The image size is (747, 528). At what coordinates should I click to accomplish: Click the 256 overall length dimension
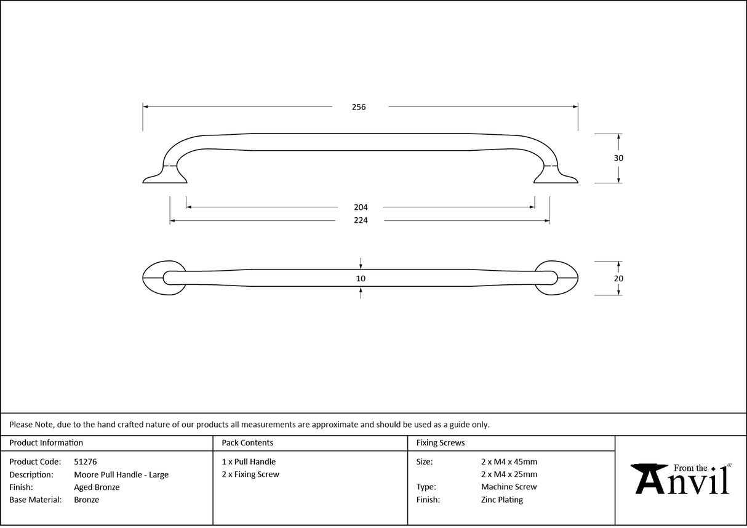[359, 107]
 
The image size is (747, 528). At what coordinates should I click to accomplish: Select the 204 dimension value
[361, 207]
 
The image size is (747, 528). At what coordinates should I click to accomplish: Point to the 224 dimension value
[361, 220]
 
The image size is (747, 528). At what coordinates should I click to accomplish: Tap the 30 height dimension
[619, 158]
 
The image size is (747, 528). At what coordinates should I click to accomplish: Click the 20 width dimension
[619, 278]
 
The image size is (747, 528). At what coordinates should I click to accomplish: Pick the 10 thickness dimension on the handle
[361, 278]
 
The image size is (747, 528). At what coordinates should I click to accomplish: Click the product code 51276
[85, 462]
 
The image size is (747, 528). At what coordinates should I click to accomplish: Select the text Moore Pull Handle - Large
[121, 474]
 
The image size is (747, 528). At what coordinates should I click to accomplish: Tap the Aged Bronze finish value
[97, 487]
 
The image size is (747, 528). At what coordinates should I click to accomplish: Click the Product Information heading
[46, 442]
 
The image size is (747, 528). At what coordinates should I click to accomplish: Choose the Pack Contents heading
[247, 442]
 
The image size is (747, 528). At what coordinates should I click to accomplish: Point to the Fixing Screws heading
[441, 442]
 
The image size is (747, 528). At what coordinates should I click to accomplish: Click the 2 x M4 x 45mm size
[509, 462]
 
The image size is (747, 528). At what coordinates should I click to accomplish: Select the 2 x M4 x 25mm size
[509, 474]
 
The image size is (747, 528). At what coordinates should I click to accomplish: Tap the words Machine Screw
[509, 487]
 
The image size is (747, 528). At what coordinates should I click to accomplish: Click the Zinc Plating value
[502, 500]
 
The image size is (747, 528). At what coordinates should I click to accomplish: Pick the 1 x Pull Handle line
[249, 462]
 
